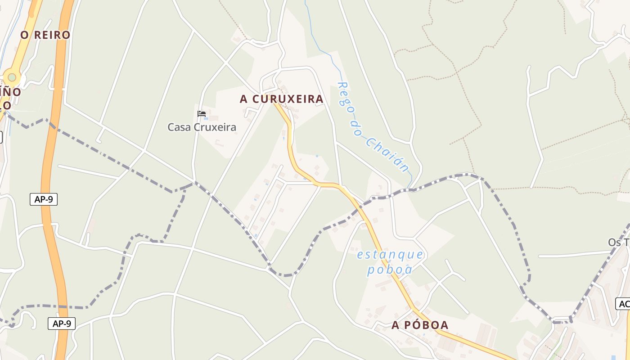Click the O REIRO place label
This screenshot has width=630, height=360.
[x=45, y=35]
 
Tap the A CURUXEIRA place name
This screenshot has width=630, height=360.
[x=281, y=99]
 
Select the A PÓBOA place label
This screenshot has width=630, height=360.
[x=420, y=325]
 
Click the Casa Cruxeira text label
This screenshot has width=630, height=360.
[x=202, y=127]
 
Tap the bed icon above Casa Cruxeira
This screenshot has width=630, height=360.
[x=202, y=114]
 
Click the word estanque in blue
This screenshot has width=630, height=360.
[x=390, y=255]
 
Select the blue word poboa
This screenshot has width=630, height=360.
[x=390, y=270]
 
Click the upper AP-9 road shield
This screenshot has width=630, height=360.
[x=44, y=199]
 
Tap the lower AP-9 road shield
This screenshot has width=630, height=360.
[x=62, y=323]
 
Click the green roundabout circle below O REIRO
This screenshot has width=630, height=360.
[x=12, y=77]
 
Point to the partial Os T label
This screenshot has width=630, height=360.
[x=619, y=243]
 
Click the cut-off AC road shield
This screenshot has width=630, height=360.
[x=623, y=304]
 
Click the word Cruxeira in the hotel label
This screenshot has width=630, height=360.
[x=215, y=127]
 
